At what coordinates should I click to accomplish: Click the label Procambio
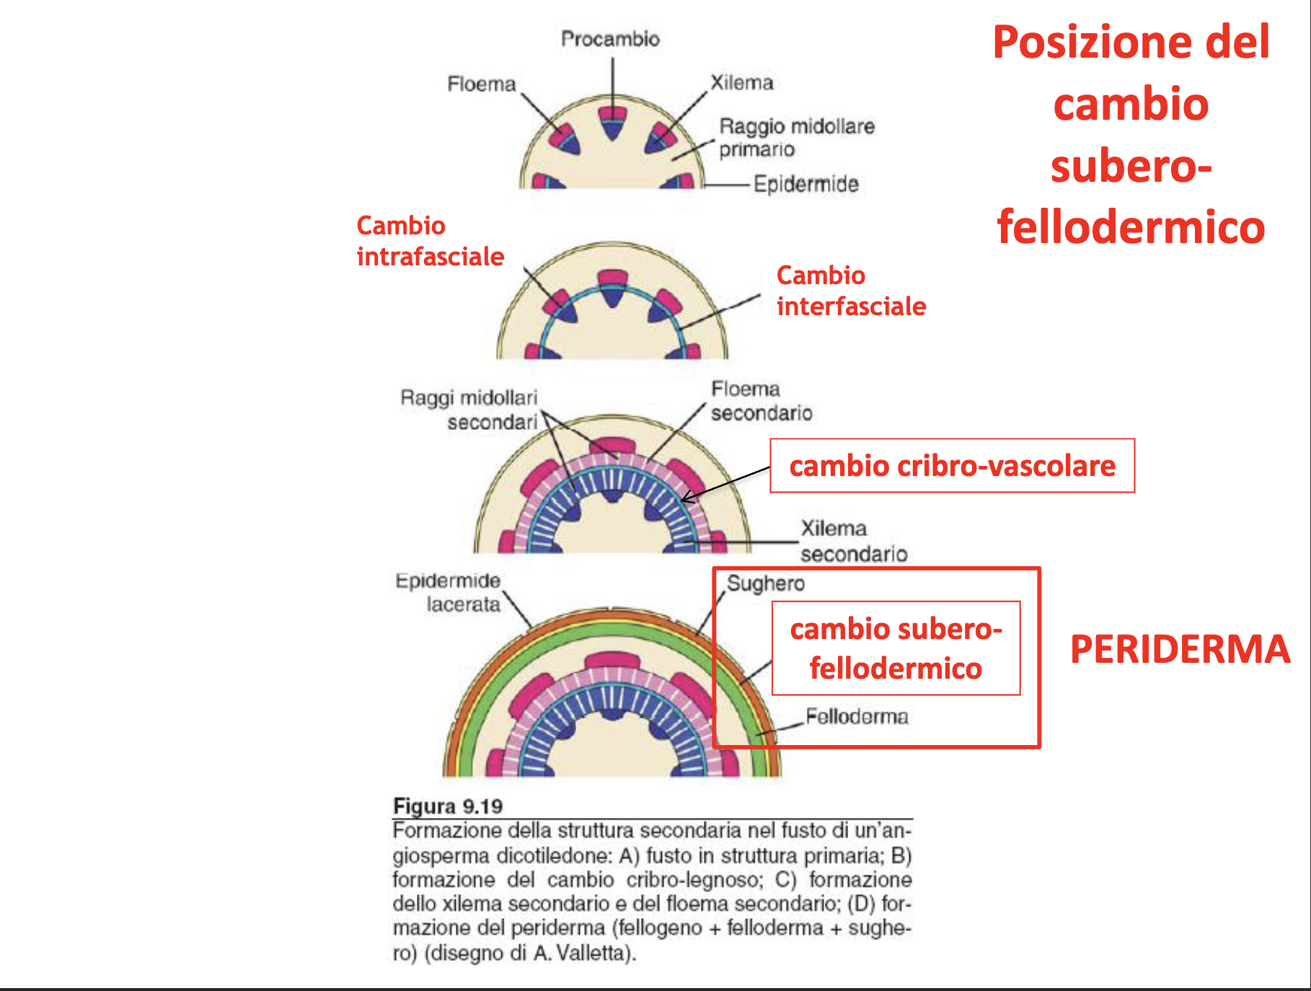click(x=610, y=39)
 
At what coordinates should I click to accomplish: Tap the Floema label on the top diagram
click(x=481, y=84)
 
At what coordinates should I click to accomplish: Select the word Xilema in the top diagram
click(x=742, y=83)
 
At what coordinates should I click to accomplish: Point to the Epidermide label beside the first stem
click(x=805, y=185)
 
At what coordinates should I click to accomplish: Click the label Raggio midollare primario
click(x=796, y=138)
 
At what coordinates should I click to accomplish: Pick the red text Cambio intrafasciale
click(x=430, y=241)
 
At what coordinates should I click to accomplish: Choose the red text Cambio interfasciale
click(x=851, y=291)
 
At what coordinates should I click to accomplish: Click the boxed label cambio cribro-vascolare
click(x=952, y=466)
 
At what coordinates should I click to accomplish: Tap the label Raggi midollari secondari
click(x=469, y=410)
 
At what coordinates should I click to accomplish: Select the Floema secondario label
click(x=761, y=401)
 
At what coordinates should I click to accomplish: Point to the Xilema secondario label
click(x=853, y=541)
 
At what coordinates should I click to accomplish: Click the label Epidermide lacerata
click(x=448, y=592)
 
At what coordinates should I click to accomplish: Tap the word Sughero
click(x=765, y=583)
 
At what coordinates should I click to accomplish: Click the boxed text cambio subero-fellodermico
click(x=896, y=648)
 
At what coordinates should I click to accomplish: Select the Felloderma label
click(x=857, y=716)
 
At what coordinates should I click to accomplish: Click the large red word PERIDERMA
click(x=1180, y=649)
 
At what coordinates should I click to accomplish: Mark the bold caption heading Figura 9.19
click(x=448, y=806)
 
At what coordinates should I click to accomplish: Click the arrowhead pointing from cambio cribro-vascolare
click(x=685, y=498)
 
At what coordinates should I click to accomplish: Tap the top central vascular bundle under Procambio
click(x=612, y=122)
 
